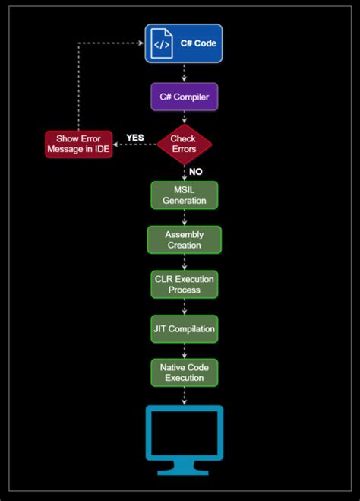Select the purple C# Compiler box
(184, 97)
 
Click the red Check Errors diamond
(184, 144)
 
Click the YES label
(135, 138)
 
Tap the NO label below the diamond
(196, 172)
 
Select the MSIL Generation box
(184, 195)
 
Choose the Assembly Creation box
(184, 239)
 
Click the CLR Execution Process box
(184, 284)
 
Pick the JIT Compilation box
(184, 329)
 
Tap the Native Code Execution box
(184, 373)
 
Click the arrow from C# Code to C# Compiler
(184, 73)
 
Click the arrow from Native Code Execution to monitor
(184, 395)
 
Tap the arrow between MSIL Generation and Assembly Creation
(184, 217)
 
